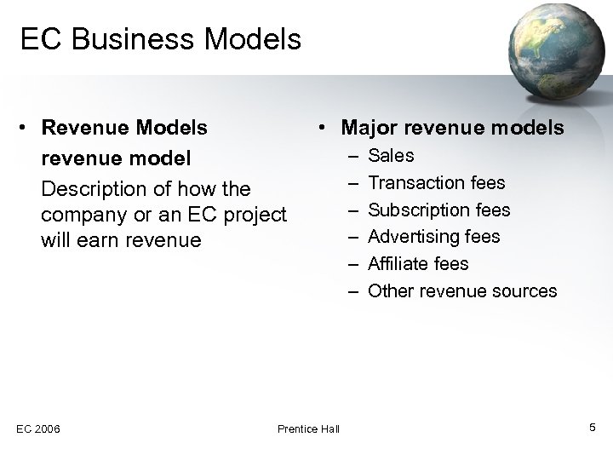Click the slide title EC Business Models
(x=161, y=39)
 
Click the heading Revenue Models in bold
(x=124, y=128)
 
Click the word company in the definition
(x=79, y=214)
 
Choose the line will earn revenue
(x=121, y=240)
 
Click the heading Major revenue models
(x=451, y=128)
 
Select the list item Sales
(x=391, y=155)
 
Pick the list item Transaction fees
(x=436, y=182)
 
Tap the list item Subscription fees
(x=438, y=210)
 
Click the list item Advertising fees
(x=433, y=236)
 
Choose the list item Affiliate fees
(x=418, y=263)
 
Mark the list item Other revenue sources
(x=462, y=290)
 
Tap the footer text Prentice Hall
(x=308, y=428)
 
